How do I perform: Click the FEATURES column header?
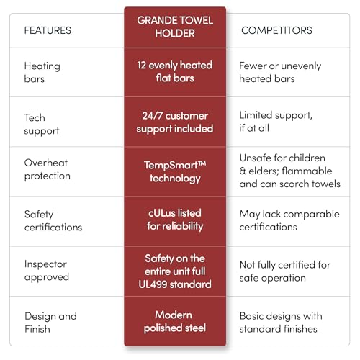coord(48,30)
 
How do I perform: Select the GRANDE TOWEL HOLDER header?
coord(175,27)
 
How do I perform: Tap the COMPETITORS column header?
coord(276,30)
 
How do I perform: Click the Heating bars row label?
coord(42,72)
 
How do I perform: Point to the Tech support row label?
coord(42,125)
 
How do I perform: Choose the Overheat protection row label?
coord(48,169)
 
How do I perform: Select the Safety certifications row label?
coord(53,220)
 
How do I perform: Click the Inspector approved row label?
coord(47,271)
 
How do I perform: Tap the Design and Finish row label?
coord(50,323)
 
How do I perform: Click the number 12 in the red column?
coord(142,66)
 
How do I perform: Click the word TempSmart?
coord(171,165)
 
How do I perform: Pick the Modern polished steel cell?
coord(175,322)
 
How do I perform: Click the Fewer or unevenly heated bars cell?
coord(280,72)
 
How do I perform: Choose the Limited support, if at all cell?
coord(276,122)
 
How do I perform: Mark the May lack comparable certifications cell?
coord(289,220)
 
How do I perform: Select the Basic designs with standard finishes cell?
coord(281,323)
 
